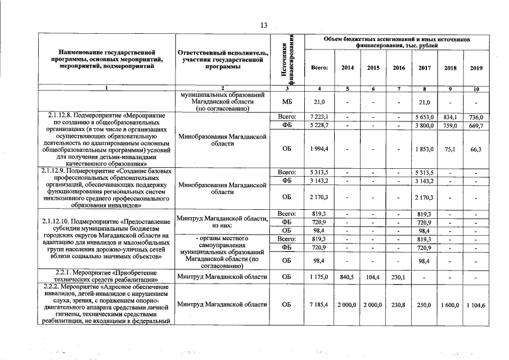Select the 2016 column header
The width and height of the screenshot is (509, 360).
[x=399, y=67]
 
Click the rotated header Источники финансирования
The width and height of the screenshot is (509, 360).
[x=288, y=60]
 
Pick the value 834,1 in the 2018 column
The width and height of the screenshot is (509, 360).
[x=450, y=116]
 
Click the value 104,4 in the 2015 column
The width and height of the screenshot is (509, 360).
[x=373, y=276]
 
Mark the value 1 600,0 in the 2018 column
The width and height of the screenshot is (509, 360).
[x=450, y=304]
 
